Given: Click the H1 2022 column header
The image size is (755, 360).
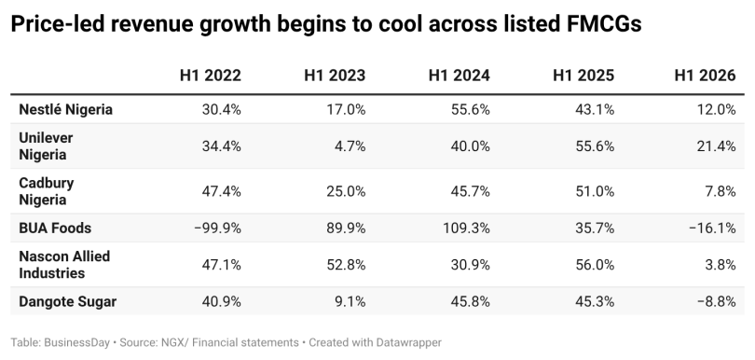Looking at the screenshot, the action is click(211, 76).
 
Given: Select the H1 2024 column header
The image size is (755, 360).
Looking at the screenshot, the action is click(460, 76).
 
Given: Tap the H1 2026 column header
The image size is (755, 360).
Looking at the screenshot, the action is click(705, 76).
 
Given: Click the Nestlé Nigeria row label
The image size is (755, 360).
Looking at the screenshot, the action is click(66, 109).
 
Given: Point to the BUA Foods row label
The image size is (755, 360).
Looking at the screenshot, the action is click(55, 228).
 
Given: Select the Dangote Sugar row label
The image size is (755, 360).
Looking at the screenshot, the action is click(67, 301).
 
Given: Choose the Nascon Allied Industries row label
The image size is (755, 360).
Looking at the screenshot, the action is click(64, 265).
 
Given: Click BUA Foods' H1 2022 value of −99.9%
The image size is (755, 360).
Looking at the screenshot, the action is click(217, 228).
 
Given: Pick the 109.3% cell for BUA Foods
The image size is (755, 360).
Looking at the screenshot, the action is click(467, 228).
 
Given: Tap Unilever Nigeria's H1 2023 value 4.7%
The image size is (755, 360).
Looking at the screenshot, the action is click(350, 146).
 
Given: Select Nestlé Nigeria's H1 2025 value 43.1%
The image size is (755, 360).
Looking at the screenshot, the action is click(595, 109).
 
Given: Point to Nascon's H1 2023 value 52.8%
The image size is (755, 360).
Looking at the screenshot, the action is click(346, 265).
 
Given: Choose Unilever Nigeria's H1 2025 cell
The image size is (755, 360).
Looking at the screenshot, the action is click(595, 146).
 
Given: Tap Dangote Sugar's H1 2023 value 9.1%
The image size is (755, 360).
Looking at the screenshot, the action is click(350, 301).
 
